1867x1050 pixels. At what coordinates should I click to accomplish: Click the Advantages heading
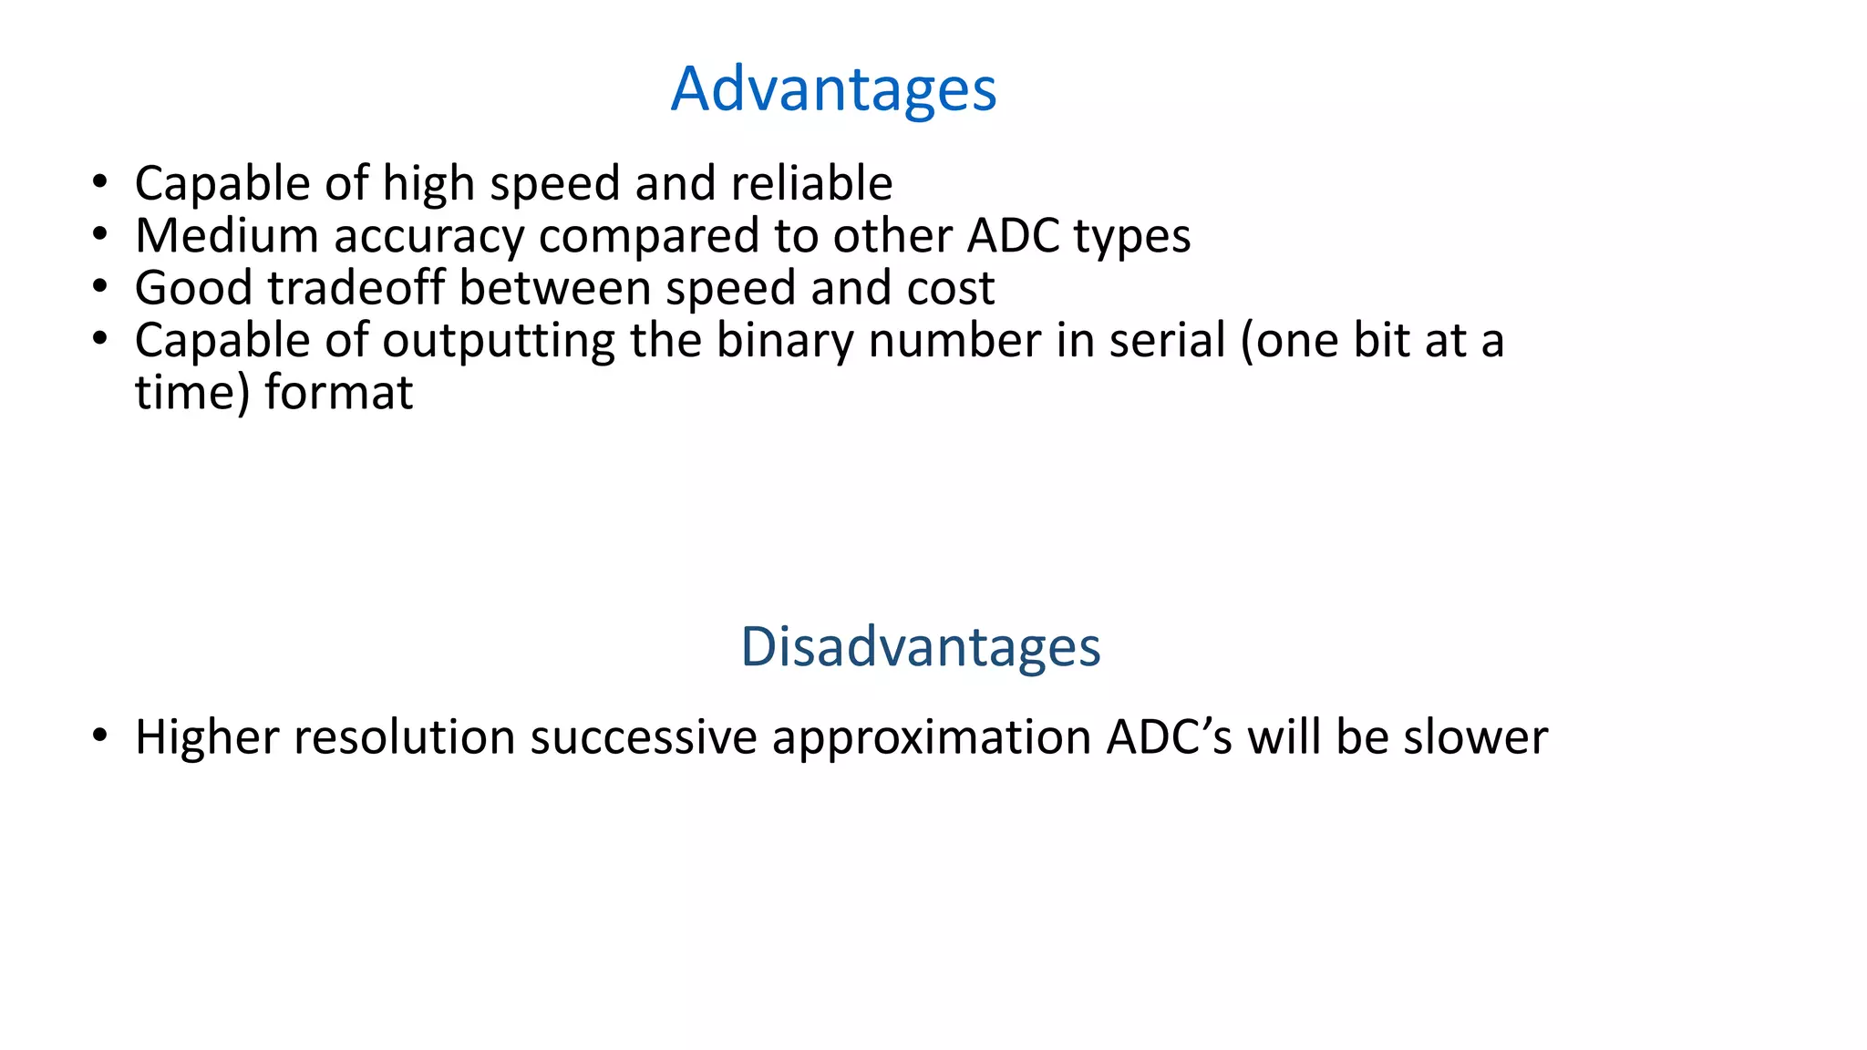coord(833,89)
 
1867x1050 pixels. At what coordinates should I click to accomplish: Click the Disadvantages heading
coord(920,647)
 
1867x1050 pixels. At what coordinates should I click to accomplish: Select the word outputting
coord(498,342)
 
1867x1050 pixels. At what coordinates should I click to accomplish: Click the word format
coord(338,394)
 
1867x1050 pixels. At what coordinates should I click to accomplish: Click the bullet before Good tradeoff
coord(100,287)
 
